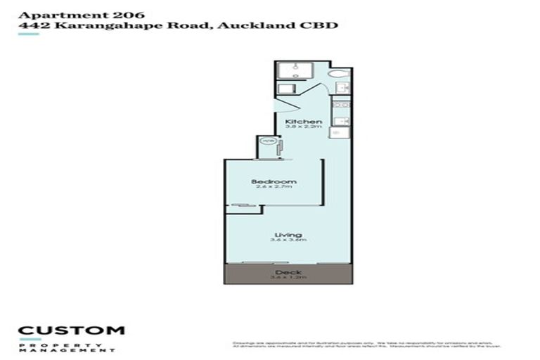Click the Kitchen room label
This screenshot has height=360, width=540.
tap(304, 122)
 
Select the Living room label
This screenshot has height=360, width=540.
tap(288, 234)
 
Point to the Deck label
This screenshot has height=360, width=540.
tap(288, 272)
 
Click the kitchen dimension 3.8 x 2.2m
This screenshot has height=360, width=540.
tap(304, 128)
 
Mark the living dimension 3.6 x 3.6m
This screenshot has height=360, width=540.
tap(288, 240)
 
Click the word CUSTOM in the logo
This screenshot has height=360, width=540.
tap(71, 330)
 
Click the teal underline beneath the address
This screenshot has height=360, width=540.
tap(28, 34)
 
